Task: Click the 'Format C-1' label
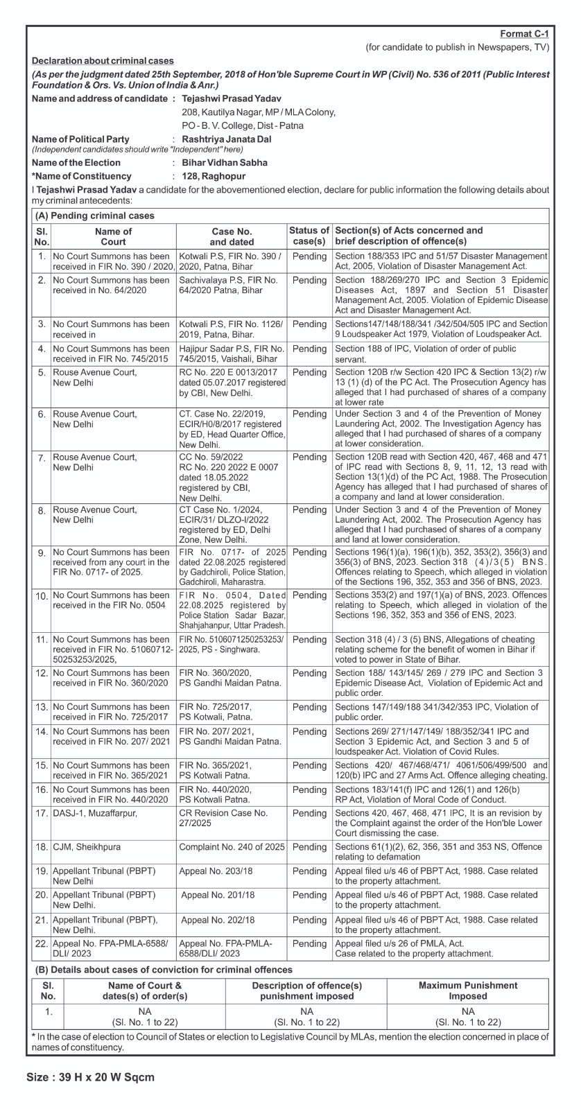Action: coord(524,34)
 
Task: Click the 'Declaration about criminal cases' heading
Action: coord(103,61)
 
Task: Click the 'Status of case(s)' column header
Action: coord(309,236)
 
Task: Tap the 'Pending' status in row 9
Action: coord(309,552)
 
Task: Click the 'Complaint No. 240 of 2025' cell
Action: coord(232,847)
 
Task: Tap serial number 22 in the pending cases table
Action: coord(42,943)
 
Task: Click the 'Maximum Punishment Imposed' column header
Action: coord(467,990)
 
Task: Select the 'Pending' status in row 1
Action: coord(309,256)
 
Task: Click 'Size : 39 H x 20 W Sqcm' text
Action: coord(90,1077)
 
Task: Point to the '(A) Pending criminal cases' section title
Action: coord(95,216)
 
